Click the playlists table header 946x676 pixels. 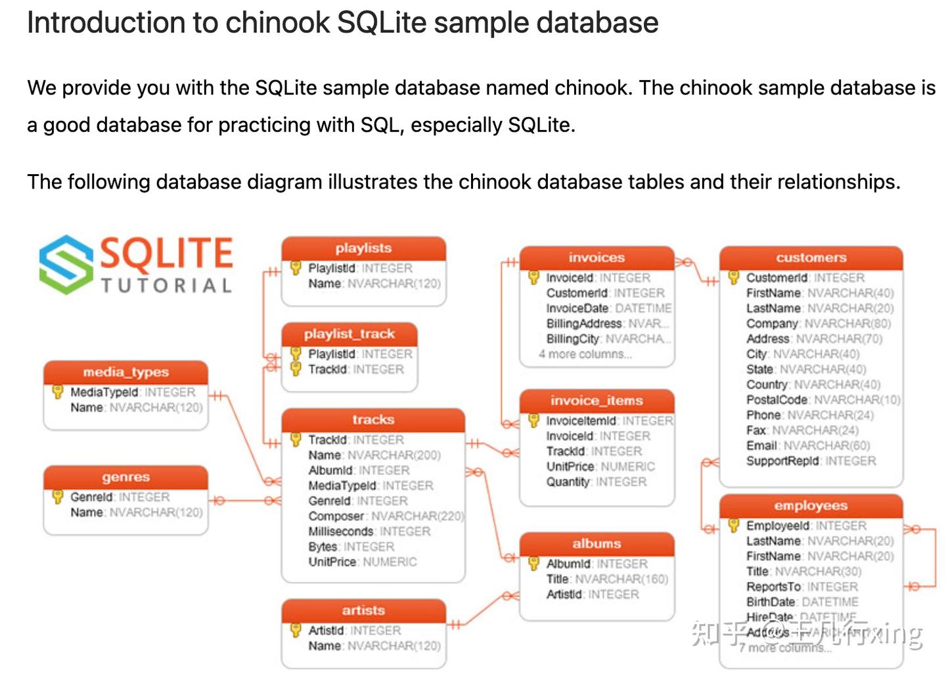[363, 248]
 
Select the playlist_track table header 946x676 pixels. [349, 334]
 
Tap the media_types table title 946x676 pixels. [125, 372]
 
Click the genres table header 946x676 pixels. [125, 477]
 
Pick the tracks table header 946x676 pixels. [372, 419]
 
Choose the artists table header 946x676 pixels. [363, 610]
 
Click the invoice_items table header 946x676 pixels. [597, 400]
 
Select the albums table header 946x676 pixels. [597, 543]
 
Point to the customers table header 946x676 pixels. [811, 258]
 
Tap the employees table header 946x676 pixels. [811, 505]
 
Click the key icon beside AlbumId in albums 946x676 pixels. [534, 563]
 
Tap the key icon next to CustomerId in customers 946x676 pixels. [734, 277]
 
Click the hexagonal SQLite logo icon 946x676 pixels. [66, 264]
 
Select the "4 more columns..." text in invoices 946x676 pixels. [585, 354]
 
